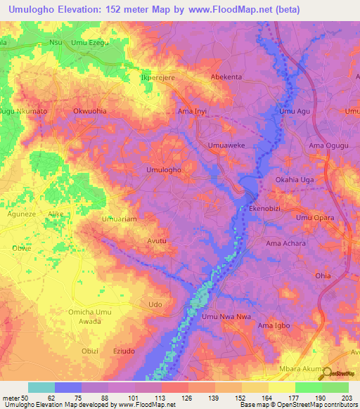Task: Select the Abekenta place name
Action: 226,78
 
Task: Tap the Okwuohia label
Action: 89,111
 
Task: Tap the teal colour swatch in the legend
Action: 41,387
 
